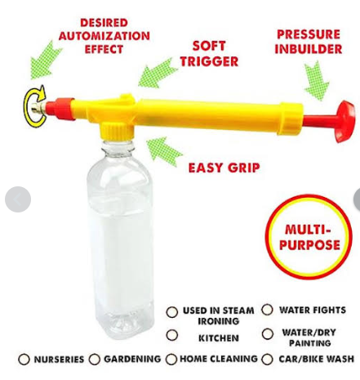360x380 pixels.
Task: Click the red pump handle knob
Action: [x=344, y=121]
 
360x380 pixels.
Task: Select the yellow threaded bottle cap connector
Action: [x=117, y=131]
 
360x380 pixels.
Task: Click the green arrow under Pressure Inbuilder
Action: [x=317, y=80]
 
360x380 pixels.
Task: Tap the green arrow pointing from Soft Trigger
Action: [x=157, y=74]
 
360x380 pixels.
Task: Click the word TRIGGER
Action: [x=209, y=61]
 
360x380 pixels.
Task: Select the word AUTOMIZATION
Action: [x=104, y=36]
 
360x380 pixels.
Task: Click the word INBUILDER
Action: [x=309, y=49]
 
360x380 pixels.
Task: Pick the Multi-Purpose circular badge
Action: [x=309, y=237]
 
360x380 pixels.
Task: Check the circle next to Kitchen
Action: [x=172, y=335]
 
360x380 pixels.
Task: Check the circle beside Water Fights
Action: [x=267, y=310]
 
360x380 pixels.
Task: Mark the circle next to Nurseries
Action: [x=24, y=359]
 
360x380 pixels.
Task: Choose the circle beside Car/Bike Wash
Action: [x=267, y=359]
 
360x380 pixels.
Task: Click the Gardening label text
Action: [x=132, y=359]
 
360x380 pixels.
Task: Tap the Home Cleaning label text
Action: [x=219, y=359]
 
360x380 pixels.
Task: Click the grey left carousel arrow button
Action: [x=18, y=199]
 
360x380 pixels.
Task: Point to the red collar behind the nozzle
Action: [x=60, y=109]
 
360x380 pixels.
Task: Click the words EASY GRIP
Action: [x=224, y=168]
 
